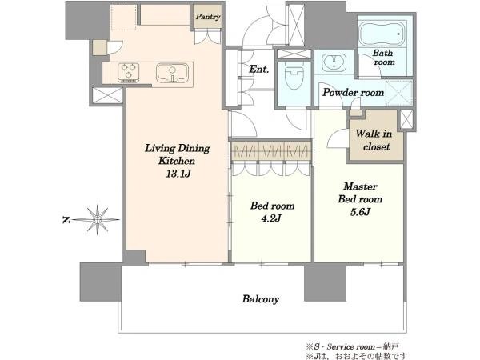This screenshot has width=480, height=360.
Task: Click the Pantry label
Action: [208, 17]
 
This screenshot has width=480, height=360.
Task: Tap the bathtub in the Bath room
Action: [382, 34]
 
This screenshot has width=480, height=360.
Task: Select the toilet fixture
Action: [294, 77]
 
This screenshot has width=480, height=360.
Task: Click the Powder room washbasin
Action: [334, 62]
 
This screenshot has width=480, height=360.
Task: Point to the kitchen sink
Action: [172, 73]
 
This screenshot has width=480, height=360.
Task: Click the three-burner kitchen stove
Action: [129, 73]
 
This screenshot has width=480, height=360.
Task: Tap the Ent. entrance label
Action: [259, 69]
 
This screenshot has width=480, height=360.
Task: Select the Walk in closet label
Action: [374, 140]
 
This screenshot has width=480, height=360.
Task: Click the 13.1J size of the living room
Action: [178, 174]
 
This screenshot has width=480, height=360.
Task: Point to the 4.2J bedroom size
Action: [271, 218]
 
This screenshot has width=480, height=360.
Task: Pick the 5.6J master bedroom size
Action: [360, 211]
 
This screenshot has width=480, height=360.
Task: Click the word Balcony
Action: [261, 298]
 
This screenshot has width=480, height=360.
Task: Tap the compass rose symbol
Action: [98, 219]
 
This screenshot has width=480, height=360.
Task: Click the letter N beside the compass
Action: [66, 219]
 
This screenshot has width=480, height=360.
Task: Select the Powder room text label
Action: [354, 92]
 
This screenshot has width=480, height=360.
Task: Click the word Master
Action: [360, 186]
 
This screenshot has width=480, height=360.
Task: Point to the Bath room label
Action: [383, 58]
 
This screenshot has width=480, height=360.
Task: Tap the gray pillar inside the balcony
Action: [326, 283]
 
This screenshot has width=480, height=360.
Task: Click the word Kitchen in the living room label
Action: [177, 161]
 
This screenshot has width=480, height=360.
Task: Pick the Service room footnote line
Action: [352, 347]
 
